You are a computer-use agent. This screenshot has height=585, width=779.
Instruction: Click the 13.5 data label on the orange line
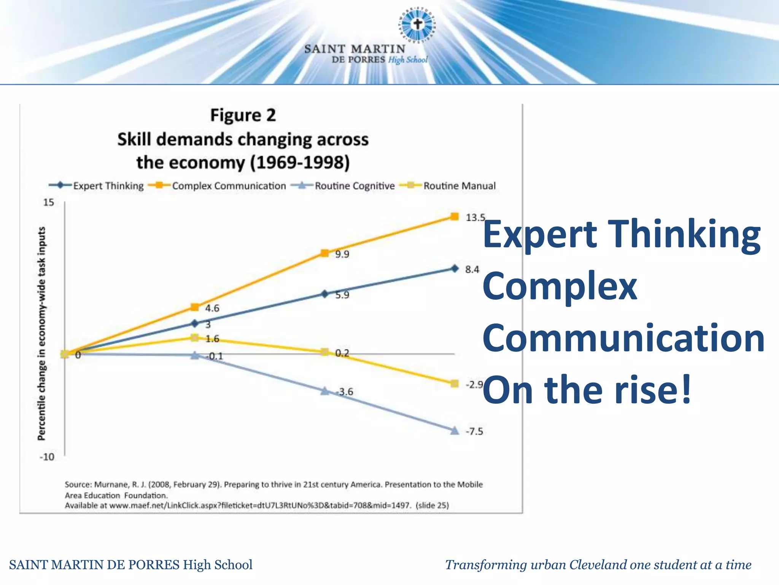pos(475,217)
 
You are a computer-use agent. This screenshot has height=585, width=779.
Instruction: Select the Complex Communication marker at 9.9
pos(324,253)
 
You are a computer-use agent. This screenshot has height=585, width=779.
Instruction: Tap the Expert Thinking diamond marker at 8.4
pos(455,269)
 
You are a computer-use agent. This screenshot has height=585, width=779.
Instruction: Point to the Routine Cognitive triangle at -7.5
pos(455,431)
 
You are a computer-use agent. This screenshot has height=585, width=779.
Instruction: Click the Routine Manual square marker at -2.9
pos(455,384)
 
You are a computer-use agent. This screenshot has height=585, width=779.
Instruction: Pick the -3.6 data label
pos(345,392)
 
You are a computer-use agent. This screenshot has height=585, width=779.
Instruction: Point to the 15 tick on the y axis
pos(48,202)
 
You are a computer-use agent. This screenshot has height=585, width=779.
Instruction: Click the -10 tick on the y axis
pos(47,457)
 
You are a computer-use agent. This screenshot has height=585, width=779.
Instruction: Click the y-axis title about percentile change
pos(41,334)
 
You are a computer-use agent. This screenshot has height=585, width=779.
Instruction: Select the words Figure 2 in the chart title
pos(243,115)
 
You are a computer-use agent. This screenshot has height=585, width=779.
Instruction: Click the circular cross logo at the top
pos(418,24)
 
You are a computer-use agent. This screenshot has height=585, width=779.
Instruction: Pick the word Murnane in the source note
pos(111,484)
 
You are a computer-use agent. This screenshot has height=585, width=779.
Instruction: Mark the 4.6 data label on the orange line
pos(212,308)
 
